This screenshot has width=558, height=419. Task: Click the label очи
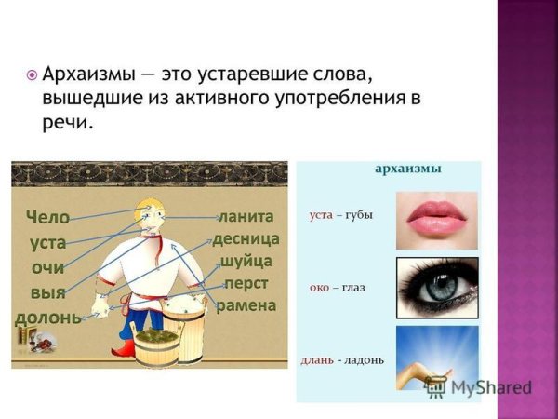(x=46, y=267)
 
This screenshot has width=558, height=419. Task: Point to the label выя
(x=46, y=292)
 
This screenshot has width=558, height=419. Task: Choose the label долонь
(x=47, y=318)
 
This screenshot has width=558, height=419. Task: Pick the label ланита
(x=246, y=217)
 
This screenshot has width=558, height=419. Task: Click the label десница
(x=246, y=239)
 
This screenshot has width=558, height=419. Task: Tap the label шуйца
(x=246, y=262)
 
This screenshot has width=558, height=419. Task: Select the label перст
(x=247, y=284)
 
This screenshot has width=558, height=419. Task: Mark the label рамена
(x=246, y=306)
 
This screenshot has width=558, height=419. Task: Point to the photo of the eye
(x=437, y=289)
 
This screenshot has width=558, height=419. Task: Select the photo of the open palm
(x=436, y=358)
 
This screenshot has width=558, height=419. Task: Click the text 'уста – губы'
(x=340, y=216)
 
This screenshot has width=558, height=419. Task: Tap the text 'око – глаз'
(x=337, y=288)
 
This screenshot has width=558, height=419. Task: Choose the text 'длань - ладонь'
(x=343, y=360)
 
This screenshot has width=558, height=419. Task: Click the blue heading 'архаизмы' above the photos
(x=407, y=169)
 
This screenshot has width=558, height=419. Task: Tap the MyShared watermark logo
(x=478, y=388)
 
